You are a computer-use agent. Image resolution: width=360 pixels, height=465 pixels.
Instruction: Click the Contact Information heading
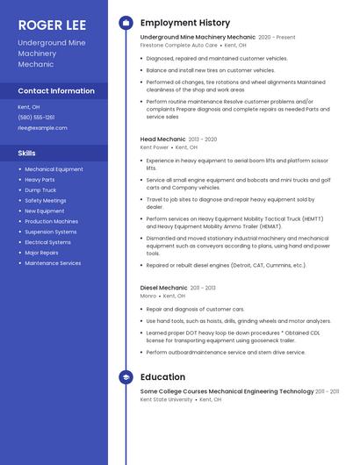56,90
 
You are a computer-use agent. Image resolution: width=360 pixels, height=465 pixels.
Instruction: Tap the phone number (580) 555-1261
36,117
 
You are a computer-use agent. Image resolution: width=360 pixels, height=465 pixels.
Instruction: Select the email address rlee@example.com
42,127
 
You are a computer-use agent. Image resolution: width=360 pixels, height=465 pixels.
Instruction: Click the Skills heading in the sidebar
27,153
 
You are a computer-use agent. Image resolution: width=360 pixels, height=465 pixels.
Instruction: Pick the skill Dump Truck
40,190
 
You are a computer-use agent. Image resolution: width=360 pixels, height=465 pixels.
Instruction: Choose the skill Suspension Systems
51,232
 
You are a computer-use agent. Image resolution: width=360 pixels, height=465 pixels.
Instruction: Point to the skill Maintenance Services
53,263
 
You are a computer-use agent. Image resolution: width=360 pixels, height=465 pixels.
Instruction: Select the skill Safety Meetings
46,200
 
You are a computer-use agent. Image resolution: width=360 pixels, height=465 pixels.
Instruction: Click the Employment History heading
185,23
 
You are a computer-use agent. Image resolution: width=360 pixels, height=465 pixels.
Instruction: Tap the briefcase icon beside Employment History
126,23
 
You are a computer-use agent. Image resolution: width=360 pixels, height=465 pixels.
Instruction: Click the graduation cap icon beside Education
126,377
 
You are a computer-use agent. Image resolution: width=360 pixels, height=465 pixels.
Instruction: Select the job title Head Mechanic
162,139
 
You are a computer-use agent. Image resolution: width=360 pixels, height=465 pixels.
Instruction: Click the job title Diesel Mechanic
163,287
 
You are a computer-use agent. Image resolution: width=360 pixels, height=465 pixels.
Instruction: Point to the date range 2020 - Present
277,38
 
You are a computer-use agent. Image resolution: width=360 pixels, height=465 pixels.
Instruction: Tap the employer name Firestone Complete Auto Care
178,45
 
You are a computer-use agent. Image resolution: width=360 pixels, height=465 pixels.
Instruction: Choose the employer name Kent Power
154,147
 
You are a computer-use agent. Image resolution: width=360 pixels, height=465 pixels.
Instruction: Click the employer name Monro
148,296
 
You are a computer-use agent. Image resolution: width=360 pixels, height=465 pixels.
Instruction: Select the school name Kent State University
166,399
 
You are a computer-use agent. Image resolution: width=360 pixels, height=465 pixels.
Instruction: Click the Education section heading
162,377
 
